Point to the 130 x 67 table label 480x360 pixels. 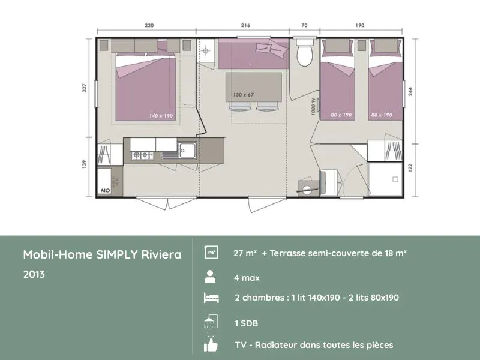[244, 95]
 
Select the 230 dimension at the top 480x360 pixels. [149, 26]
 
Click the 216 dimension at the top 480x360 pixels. [245, 26]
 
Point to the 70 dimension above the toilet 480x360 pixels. [304, 26]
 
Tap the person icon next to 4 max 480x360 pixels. [210, 277]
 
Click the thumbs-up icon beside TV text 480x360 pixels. [211, 345]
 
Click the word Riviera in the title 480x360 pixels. [161, 254]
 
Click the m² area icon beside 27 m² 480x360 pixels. [211, 253]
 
